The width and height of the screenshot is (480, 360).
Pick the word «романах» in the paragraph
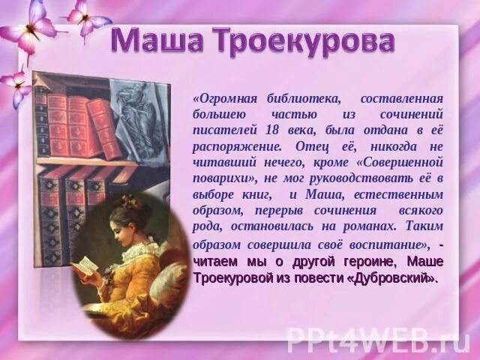click(364, 226)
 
